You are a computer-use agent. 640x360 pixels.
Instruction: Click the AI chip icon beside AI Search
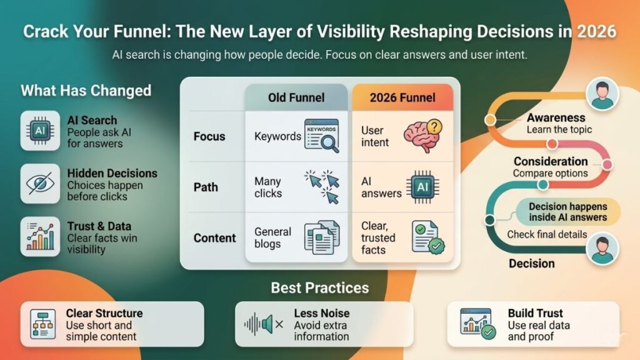40,131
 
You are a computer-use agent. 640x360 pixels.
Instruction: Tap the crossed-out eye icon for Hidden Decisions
40,184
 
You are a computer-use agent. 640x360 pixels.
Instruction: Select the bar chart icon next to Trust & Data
40,236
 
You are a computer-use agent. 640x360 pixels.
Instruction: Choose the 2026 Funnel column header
402,97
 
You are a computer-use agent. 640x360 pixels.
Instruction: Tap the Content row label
214,238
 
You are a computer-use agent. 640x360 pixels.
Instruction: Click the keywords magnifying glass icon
321,136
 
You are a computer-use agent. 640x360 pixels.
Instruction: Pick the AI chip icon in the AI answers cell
422,186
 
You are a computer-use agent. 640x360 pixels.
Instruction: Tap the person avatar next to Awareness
602,96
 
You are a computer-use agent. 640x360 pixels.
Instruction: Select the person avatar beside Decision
602,248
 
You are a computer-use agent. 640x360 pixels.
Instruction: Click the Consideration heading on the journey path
551,161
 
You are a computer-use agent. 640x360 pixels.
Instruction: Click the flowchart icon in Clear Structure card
43,323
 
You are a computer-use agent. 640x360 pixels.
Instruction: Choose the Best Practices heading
319,288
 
